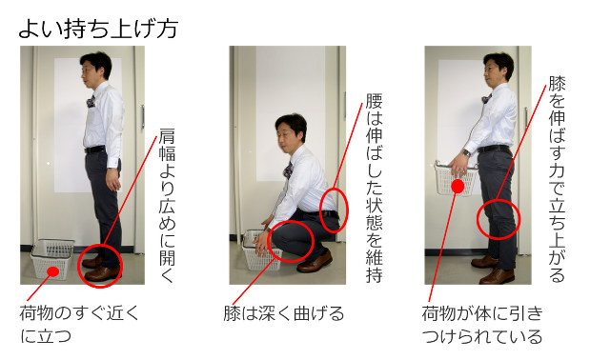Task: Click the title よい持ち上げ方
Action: [98, 28]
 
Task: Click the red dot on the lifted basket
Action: [458, 187]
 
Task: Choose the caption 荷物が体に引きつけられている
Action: [481, 324]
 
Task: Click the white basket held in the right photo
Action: [452, 177]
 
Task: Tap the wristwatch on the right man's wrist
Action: [466, 152]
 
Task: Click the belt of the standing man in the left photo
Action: [95, 149]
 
